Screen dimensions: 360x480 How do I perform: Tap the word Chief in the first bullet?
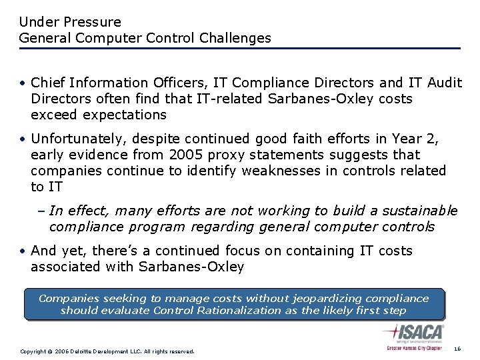point(49,83)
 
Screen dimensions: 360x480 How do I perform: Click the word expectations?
point(123,115)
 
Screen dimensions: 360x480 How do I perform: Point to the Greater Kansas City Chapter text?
point(414,348)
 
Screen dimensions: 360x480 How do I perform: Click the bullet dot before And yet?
point(23,251)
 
